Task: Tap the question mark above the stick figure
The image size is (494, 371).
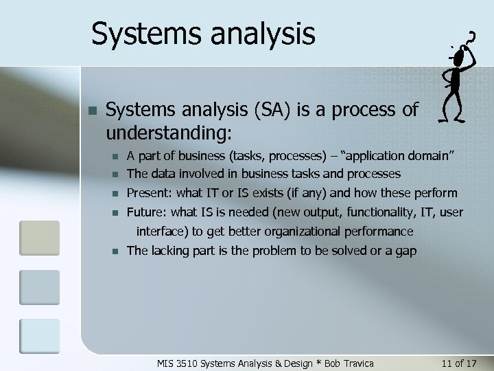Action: (471, 37)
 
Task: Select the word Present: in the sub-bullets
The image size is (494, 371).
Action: (150, 193)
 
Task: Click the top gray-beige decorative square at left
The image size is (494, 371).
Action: (39, 237)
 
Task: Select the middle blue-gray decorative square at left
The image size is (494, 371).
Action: (39, 287)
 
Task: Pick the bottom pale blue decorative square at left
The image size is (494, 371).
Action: (39, 336)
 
